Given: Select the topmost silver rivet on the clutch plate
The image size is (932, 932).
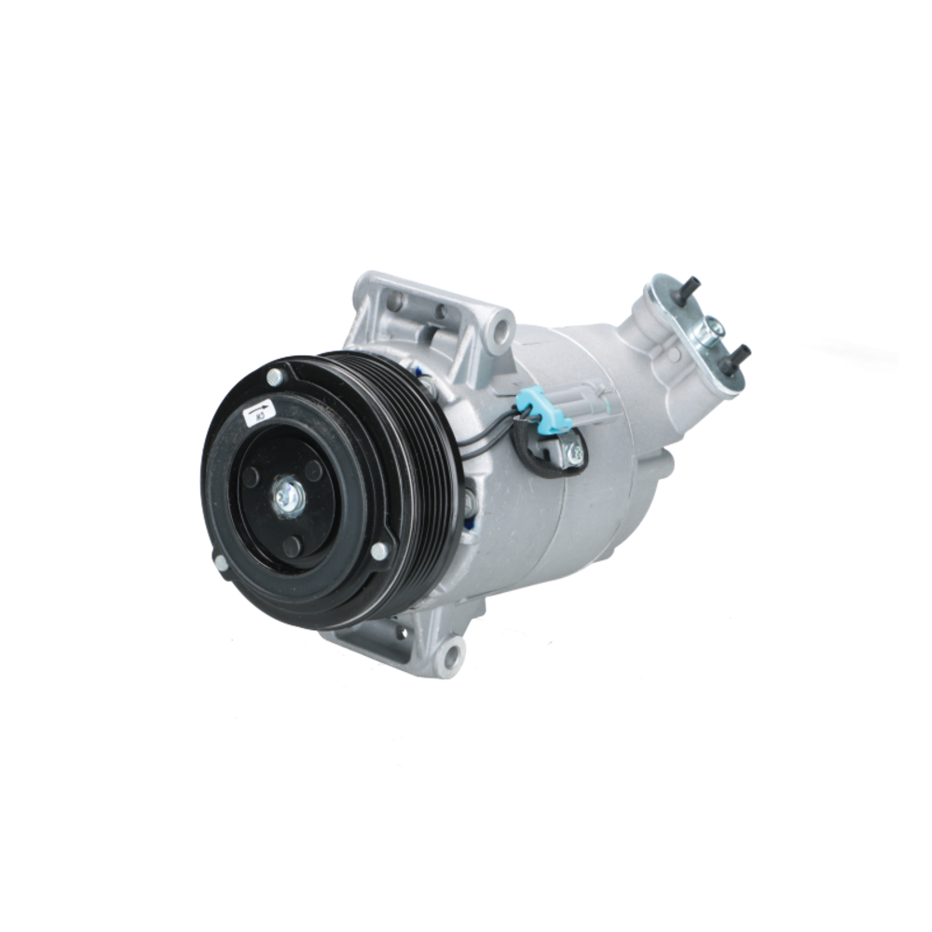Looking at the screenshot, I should coord(275,377).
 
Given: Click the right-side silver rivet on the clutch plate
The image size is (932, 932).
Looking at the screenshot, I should coord(378,551).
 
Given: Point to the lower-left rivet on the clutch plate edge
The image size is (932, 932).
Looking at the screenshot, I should coord(221,563).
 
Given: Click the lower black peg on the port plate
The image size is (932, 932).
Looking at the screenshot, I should coord(736,355).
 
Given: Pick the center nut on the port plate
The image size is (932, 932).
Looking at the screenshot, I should coord(712,326).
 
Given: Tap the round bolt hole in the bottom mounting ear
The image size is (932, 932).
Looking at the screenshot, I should coord(451,654).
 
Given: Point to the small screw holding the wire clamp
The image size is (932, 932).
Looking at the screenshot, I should coord(575,454).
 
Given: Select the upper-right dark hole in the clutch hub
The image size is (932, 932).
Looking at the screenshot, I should coord(313,471).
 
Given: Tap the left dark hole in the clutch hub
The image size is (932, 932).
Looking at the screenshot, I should coord(250,476).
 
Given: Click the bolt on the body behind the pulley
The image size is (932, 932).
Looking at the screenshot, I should coord(469,503).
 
